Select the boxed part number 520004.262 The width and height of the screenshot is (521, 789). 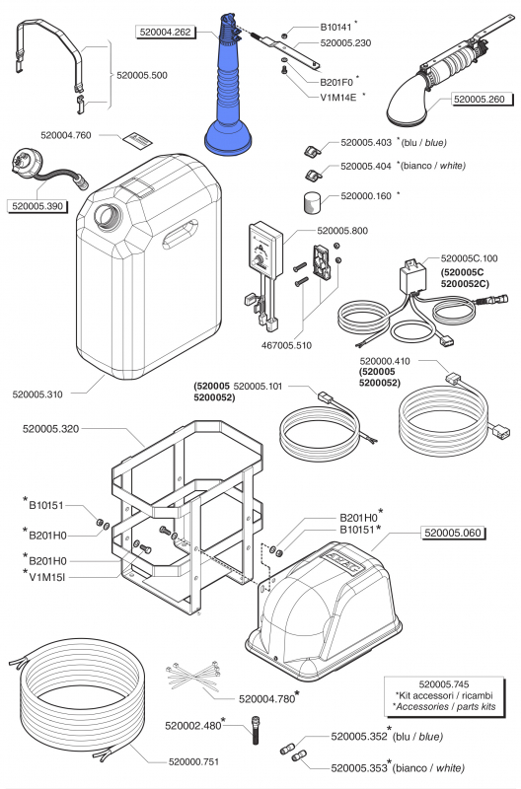point(166,33)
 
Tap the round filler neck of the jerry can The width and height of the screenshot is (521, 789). point(108,217)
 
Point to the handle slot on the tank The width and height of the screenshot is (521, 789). point(180,234)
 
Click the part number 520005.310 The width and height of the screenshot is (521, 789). point(37,394)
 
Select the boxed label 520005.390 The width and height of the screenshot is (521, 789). point(37,206)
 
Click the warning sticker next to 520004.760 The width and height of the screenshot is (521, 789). point(137,139)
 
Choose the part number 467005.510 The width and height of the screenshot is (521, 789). point(286,346)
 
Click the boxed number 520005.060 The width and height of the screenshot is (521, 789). point(453,533)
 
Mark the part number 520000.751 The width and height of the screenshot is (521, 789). point(193,761)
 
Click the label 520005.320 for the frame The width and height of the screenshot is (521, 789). point(51,429)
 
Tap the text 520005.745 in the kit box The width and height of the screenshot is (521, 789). point(444,684)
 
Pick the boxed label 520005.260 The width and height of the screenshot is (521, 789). point(480,100)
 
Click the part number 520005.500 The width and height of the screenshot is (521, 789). point(142,76)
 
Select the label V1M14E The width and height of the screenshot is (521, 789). point(338,97)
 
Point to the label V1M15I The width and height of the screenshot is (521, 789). point(47,577)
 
